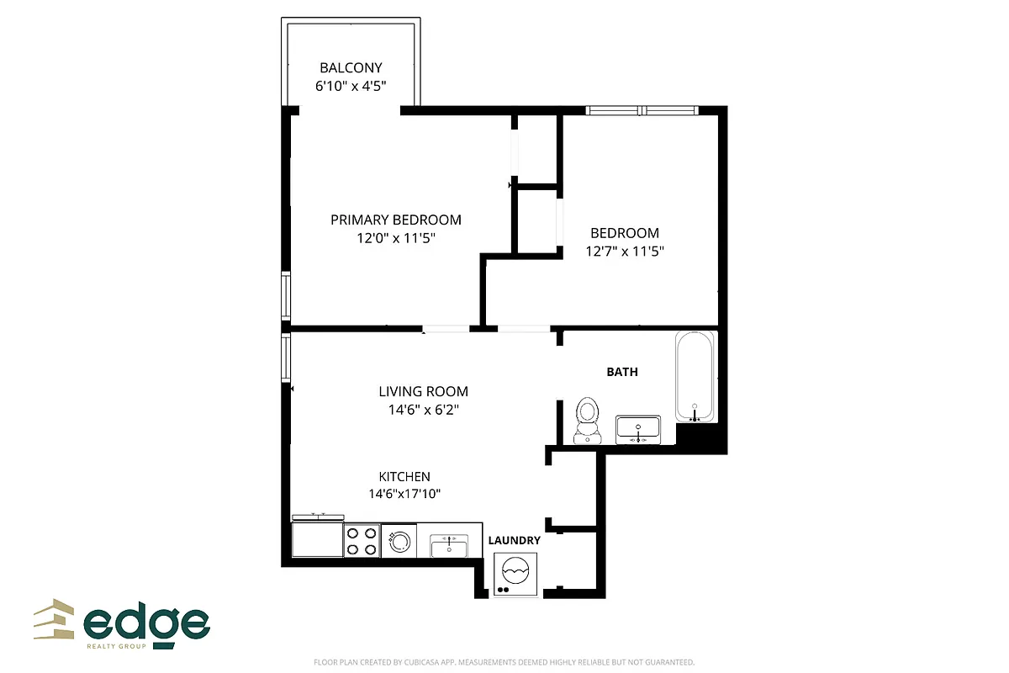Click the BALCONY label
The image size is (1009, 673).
click(x=351, y=68)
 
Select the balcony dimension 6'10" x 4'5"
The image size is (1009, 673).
click(x=351, y=86)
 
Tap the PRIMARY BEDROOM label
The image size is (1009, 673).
click(x=395, y=220)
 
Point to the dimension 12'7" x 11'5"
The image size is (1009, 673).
click(x=625, y=251)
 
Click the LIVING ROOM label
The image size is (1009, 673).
click(x=423, y=391)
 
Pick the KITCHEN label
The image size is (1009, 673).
click(x=404, y=477)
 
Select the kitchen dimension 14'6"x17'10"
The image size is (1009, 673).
click(x=404, y=495)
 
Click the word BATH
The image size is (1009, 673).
click(x=622, y=372)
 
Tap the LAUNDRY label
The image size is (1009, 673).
click(x=514, y=540)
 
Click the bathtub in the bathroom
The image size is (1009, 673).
click(x=695, y=376)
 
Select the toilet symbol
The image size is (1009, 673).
click(x=587, y=420)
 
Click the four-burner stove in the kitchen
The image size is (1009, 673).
click(x=362, y=540)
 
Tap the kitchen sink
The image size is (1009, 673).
click(x=448, y=545)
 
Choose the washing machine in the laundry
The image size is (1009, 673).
click(x=514, y=575)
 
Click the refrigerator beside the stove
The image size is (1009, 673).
click(x=317, y=539)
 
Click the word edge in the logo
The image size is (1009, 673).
click(x=147, y=624)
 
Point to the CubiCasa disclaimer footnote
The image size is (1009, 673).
click(x=504, y=663)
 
